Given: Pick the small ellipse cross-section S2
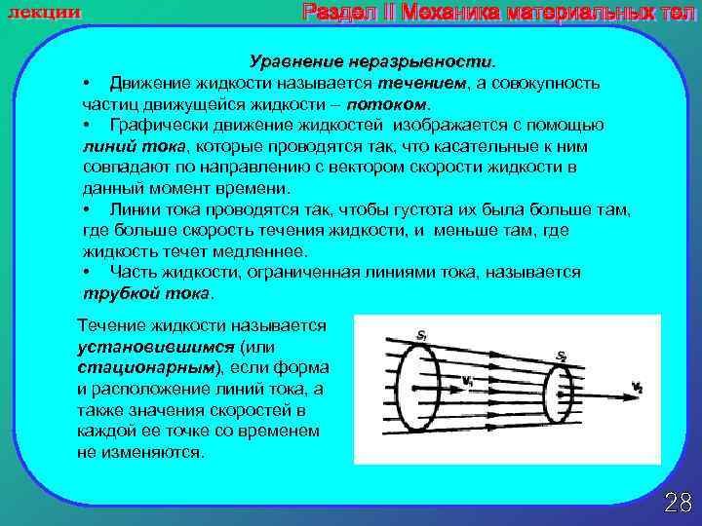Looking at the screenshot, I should click(557, 394).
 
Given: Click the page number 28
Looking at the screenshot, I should click(677, 503).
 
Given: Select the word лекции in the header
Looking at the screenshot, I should click(45, 11).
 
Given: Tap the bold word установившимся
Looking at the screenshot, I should click(144, 346).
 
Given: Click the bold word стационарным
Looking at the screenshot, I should click(146, 367).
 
